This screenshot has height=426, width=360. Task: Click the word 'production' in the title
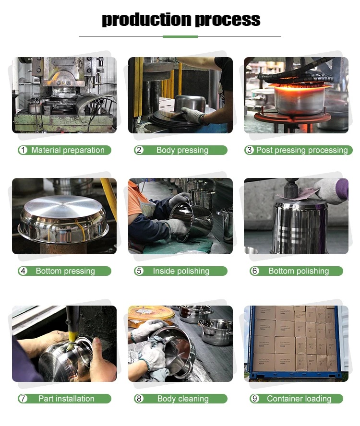(146, 20)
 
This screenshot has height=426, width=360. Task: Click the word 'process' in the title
(228, 20)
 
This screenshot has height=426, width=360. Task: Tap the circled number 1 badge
(23, 150)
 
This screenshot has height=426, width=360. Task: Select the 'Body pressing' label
(182, 150)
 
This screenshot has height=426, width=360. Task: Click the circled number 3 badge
(249, 150)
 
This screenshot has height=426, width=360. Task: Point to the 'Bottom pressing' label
(65, 271)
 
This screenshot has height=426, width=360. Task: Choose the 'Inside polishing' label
(181, 271)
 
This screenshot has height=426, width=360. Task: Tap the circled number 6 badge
(255, 271)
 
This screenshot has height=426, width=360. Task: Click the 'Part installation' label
(66, 399)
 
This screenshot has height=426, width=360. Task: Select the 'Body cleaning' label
(183, 399)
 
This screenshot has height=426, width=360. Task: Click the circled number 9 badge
(255, 399)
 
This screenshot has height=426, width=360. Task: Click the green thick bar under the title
(180, 36)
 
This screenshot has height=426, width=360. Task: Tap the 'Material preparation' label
(68, 150)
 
